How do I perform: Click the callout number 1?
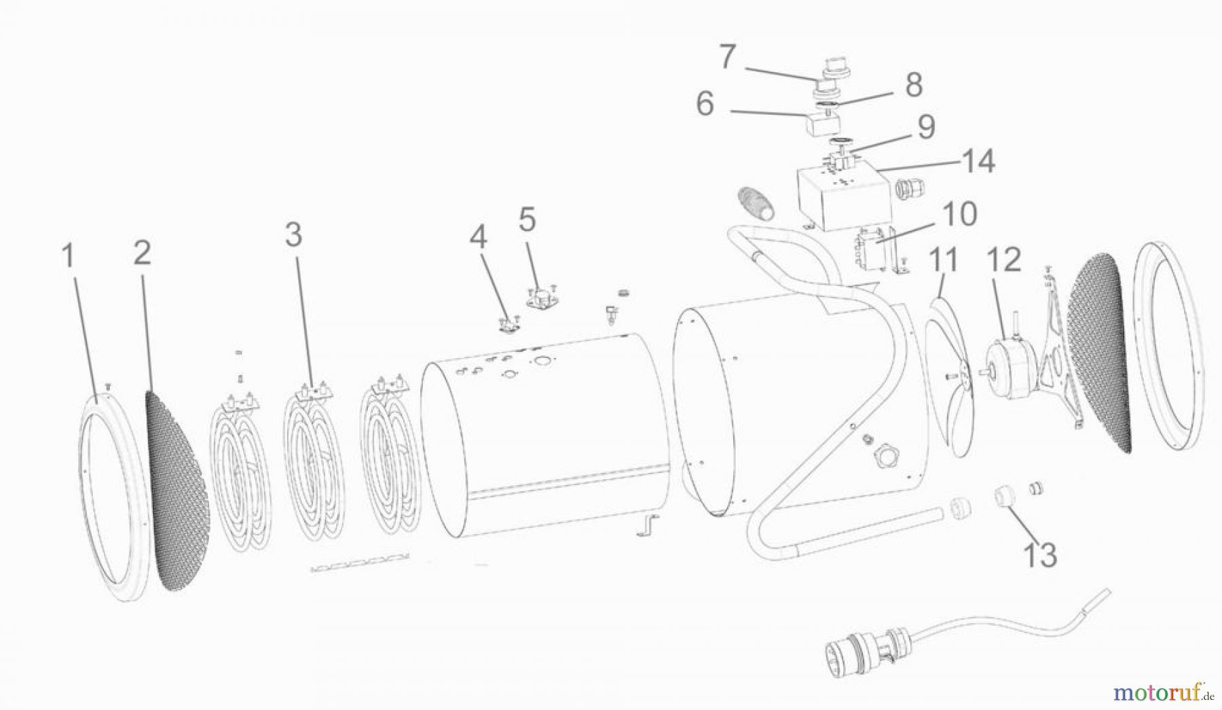pyautogui.click(x=67, y=256)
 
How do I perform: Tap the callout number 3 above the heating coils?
pyautogui.click(x=293, y=235)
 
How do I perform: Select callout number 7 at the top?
pyautogui.click(x=727, y=58)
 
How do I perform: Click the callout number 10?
pyautogui.click(x=958, y=213)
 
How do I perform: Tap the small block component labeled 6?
pyautogui.click(x=821, y=124)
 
